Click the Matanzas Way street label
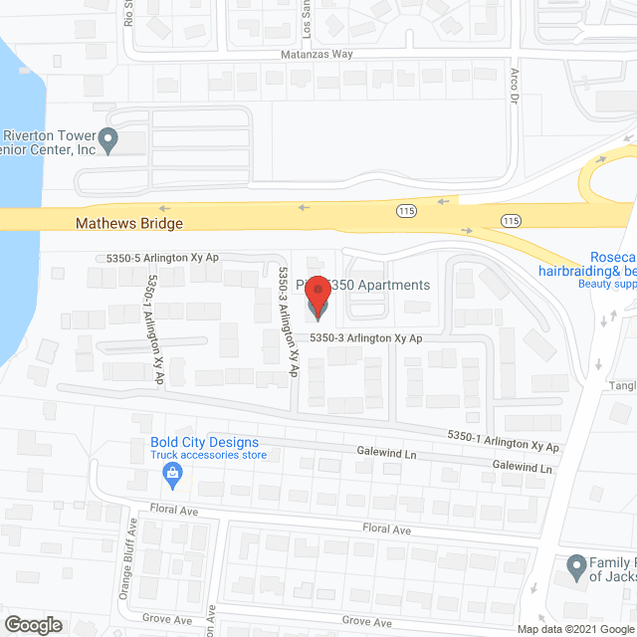coord(317,55)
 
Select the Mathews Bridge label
coord(129,224)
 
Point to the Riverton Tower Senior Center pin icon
coord(110,139)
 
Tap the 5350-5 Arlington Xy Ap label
coord(162,258)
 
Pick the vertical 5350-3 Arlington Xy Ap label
coord(289,320)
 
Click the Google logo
coord(33,625)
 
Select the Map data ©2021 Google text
coord(580,629)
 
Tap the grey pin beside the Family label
coord(575,568)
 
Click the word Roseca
coord(610,255)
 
